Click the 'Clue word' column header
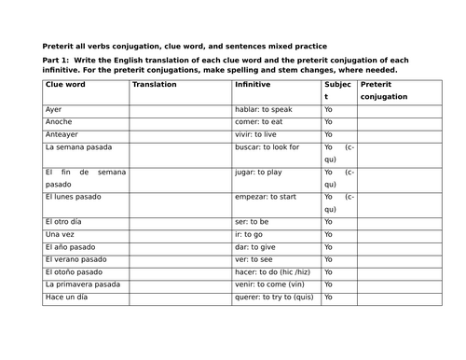click(65, 84)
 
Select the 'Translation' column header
click(155, 84)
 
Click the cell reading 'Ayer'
click(53, 109)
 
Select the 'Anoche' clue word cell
click(58, 122)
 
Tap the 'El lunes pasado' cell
click(72, 197)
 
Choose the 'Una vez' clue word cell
click(59, 234)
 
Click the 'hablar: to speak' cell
click(264, 109)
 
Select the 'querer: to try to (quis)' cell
click(276, 297)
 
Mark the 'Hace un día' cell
click(65, 297)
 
